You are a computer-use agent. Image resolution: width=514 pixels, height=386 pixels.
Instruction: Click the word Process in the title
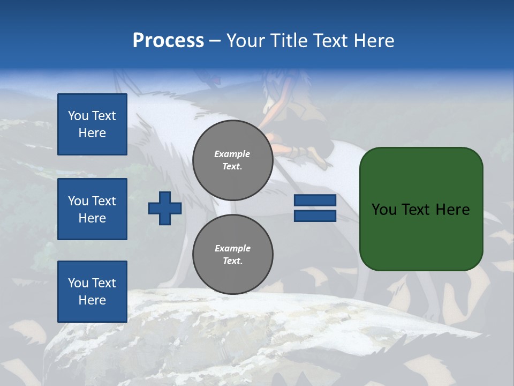point(168,41)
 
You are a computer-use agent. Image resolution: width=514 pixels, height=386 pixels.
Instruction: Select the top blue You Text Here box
point(92,124)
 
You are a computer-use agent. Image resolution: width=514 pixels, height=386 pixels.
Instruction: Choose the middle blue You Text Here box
point(92,209)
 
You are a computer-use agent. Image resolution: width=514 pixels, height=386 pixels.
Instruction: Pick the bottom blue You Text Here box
point(92,291)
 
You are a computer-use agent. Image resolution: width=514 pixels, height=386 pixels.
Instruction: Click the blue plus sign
point(165,208)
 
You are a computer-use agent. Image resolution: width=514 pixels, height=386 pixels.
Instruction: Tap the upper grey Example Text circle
point(232,160)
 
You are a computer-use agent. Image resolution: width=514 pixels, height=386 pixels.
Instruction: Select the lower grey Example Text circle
point(232,255)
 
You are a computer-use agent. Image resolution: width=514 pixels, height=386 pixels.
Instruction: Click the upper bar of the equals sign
point(315,200)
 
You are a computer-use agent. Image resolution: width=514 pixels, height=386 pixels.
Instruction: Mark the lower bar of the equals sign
point(315,216)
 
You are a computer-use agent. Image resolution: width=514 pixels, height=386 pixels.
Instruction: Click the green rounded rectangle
point(421,236)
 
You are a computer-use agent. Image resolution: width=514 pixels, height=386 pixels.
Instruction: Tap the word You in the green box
point(384,210)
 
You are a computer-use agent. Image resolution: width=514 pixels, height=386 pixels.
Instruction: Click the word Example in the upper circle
point(232,154)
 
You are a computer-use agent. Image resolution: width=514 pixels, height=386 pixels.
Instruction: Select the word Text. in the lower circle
point(232,261)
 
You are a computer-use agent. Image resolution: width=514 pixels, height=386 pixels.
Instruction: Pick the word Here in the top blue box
point(92,133)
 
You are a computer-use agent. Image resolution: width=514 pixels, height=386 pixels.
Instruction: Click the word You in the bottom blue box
point(78,283)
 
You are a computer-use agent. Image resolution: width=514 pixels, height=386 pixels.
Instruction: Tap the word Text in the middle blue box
point(104,201)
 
